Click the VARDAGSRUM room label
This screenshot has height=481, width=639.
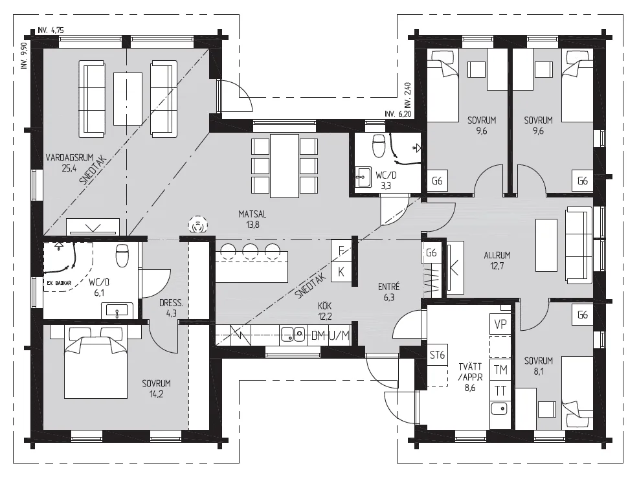pyautogui.click(x=70, y=157)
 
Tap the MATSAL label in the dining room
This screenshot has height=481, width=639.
pyautogui.click(x=252, y=214)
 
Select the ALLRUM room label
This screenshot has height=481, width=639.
pyautogui.click(x=497, y=256)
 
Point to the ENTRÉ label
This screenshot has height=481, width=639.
pyautogui.click(x=388, y=287)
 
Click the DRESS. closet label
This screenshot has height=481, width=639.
pyautogui.click(x=171, y=303)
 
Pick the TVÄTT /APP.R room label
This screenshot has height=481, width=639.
pyautogui.click(x=470, y=372)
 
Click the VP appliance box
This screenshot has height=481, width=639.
pyautogui.click(x=500, y=324)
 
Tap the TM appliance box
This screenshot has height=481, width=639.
pyautogui.click(x=500, y=370)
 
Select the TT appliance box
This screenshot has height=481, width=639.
pyautogui.click(x=500, y=391)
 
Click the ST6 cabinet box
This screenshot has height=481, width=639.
pyautogui.click(x=437, y=355)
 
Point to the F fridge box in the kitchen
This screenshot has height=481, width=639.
pyautogui.click(x=341, y=251)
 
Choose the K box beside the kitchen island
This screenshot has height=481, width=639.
pyautogui.click(x=341, y=271)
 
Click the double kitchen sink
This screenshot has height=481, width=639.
pyautogui.click(x=293, y=335)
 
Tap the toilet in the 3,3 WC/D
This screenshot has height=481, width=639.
pyautogui.click(x=379, y=145)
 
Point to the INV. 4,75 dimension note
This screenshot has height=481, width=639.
pyautogui.click(x=50, y=30)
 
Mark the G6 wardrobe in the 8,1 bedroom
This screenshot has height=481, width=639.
pyautogui.click(x=583, y=315)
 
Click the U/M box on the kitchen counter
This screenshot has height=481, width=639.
pyautogui.click(x=339, y=335)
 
